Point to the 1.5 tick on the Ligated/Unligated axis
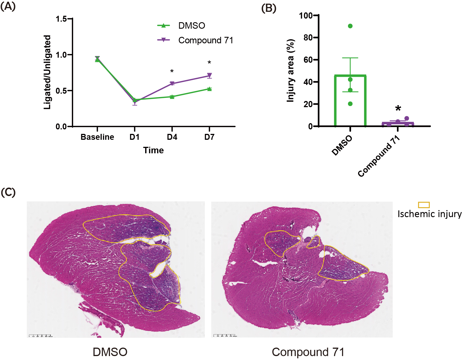[x=61, y=19]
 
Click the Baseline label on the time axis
[x=97, y=137]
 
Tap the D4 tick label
[x=172, y=137]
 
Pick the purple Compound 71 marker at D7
[x=209, y=75]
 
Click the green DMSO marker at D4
[x=172, y=97]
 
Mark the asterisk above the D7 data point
[x=209, y=62]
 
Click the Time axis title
[x=153, y=150]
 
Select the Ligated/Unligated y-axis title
[x=47, y=72]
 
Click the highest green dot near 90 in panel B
[x=350, y=26]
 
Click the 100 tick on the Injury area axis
[x=306, y=15]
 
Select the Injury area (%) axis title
[x=290, y=71]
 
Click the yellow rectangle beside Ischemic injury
[x=424, y=205]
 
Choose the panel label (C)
[x=8, y=192]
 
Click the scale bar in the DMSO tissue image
[x=41, y=335]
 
